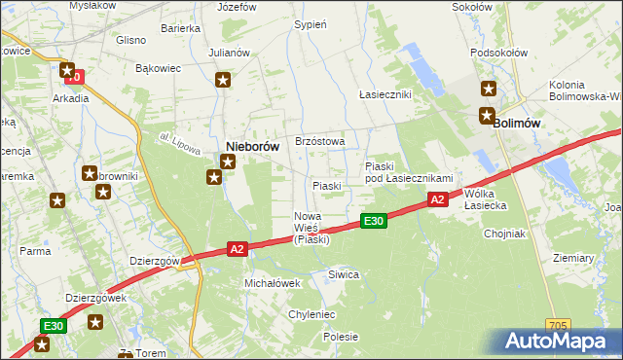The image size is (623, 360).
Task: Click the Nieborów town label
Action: pyautogui.click(x=252, y=146)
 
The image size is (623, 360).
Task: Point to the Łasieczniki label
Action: pyautogui.click(x=385, y=94)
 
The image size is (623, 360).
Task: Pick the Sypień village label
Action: pyautogui.click(x=310, y=24)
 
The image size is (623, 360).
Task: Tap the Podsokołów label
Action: pyautogui.click(x=497, y=54)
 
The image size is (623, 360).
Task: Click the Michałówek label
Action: pyautogui.click(x=272, y=282)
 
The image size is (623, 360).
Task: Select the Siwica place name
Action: pyautogui.click(x=344, y=275)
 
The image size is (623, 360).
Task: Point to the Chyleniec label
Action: pyautogui.click(x=311, y=315)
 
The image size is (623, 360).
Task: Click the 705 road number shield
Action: pyautogui.click(x=557, y=325)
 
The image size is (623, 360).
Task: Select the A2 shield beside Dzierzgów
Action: pyautogui.click(x=237, y=250)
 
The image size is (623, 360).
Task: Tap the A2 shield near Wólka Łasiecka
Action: pyautogui.click(x=437, y=199)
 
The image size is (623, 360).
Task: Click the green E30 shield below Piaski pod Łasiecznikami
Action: pyautogui.click(x=374, y=222)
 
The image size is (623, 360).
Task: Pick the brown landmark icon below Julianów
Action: pyautogui.click(x=223, y=81)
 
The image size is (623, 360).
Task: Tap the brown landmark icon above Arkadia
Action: pyautogui.click(x=67, y=70)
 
